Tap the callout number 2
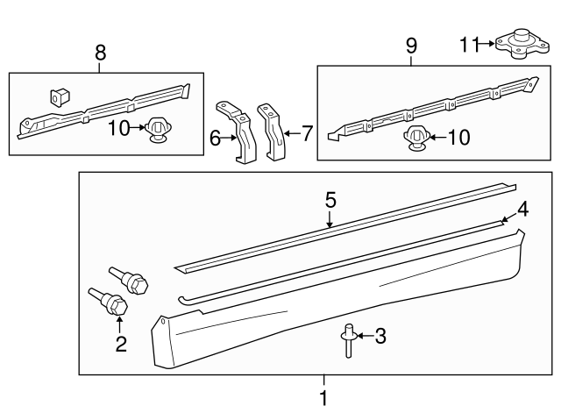click(x=120, y=344)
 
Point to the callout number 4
click(x=522, y=209)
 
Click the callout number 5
click(x=330, y=200)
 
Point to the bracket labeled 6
click(x=237, y=132)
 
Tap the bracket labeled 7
click(x=272, y=132)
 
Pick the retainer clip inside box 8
click(x=159, y=130)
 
